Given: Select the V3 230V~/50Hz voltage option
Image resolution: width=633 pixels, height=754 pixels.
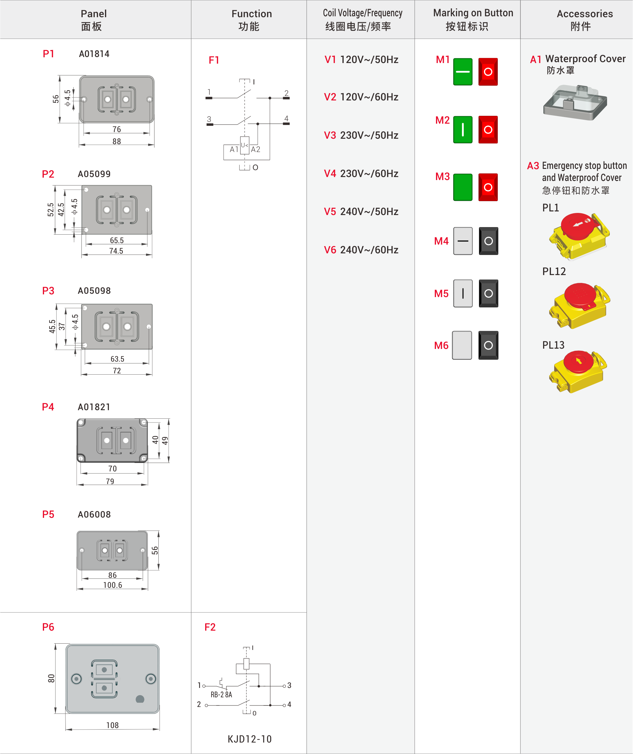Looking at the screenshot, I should pos(361,135).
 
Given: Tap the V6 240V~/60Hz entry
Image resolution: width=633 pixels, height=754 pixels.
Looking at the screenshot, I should pos(361,250).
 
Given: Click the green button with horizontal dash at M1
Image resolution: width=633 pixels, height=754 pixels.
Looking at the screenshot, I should pos(463,72).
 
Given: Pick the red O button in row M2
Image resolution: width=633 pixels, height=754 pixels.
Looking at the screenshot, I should pos(488,130).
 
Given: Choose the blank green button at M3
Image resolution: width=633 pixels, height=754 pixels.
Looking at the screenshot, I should pos(463,187).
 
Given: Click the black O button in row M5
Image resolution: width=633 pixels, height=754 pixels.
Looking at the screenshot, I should pos(488,293).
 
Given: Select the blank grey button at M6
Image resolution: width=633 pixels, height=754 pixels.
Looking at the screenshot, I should pos(462,345).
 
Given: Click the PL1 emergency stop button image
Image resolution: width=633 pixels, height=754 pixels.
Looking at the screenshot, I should pos(578,235).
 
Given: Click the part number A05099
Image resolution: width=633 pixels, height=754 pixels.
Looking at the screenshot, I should pos(94,174).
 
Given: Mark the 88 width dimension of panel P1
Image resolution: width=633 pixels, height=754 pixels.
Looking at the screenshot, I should pos(116,141).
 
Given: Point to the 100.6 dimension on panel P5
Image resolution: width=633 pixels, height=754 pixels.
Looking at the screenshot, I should pos(113,585).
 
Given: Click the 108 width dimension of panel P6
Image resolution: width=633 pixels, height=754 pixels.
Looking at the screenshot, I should pos(113,725).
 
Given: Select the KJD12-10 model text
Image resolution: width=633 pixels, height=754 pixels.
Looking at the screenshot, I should pos(249,739).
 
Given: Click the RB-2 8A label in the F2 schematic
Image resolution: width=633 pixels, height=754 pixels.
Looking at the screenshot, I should pos(221,695).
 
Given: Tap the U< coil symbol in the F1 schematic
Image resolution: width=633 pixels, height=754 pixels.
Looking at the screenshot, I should pos(245,145).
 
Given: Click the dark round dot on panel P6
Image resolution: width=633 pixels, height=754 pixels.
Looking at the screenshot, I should pos(140,699).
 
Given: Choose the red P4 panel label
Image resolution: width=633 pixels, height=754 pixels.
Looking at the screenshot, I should pos(48,407).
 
